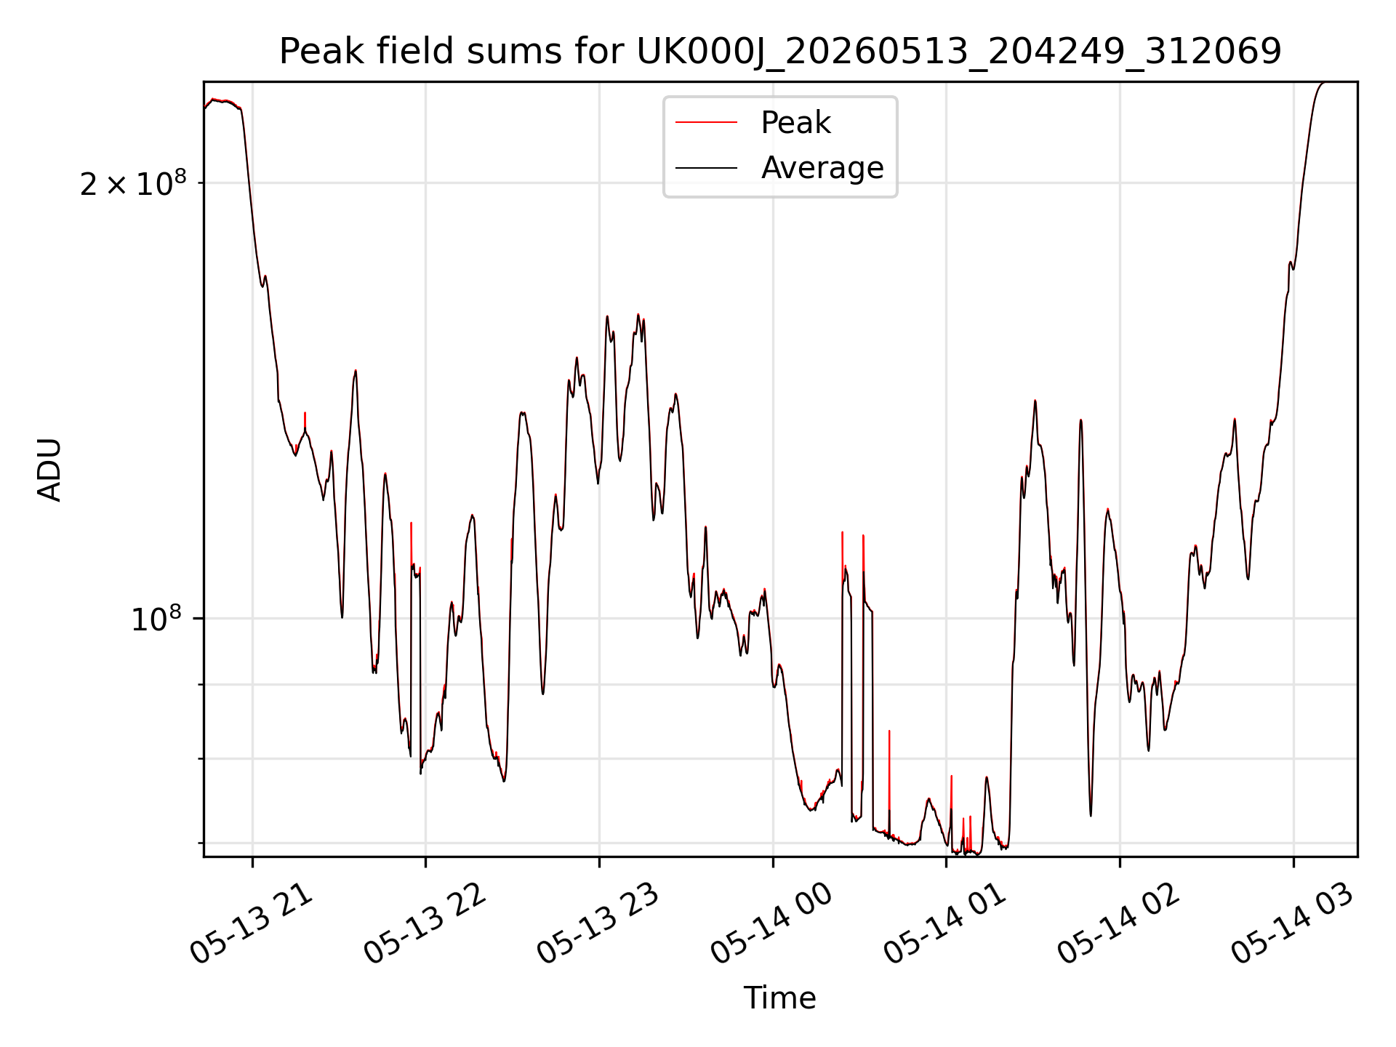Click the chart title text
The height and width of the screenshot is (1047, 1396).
click(780, 51)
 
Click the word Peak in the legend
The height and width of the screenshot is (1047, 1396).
click(795, 123)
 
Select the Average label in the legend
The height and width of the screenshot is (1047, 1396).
click(822, 168)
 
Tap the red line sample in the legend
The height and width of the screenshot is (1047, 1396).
click(706, 123)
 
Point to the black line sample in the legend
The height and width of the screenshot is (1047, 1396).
click(706, 168)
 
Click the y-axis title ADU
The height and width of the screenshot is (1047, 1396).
click(49, 470)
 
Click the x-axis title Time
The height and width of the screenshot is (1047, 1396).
click(779, 998)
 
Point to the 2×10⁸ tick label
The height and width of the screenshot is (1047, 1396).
click(133, 183)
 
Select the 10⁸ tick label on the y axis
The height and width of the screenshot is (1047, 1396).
click(156, 619)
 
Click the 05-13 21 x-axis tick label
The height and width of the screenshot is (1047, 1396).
click(252, 924)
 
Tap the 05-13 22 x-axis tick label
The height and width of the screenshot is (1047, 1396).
click(425, 924)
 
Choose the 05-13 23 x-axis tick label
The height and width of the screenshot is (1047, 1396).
click(598, 924)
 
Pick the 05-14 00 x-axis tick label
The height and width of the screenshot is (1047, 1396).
click(771, 924)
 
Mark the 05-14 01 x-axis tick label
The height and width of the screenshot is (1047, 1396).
click(945, 924)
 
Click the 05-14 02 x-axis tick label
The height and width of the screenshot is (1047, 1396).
click(1118, 924)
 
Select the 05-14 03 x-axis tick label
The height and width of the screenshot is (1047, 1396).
click(1292, 924)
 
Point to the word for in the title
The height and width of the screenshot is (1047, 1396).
click(602, 51)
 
